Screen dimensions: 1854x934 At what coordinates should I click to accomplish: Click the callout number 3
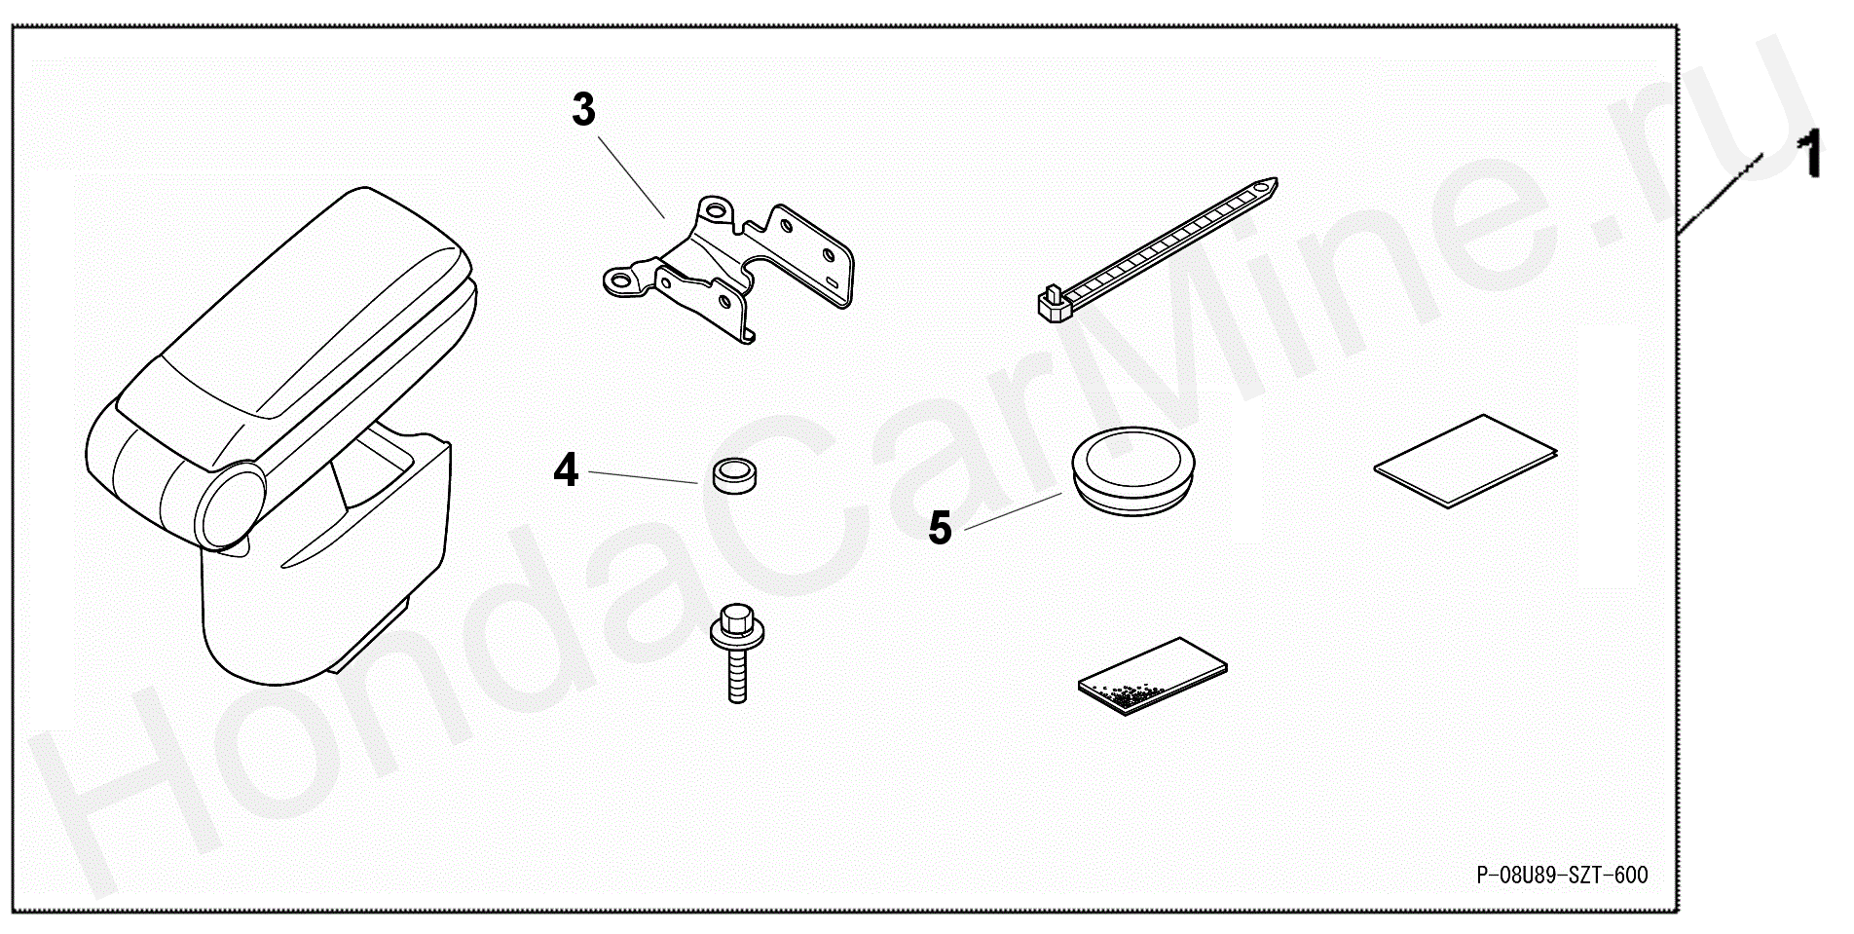tap(583, 110)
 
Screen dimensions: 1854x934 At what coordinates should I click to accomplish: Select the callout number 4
tap(566, 470)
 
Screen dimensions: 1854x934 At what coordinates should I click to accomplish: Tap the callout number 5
tap(940, 528)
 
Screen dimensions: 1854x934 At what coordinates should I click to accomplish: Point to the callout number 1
tap(1810, 157)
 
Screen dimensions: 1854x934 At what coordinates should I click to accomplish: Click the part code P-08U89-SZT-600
tap(1562, 875)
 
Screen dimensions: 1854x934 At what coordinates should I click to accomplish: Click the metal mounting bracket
tap(729, 265)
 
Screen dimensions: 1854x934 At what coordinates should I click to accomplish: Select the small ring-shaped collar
tap(734, 474)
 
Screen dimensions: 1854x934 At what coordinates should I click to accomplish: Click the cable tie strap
tap(1158, 249)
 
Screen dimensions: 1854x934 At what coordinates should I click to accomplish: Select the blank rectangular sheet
tap(1465, 461)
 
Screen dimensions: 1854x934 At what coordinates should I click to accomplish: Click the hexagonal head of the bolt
tap(736, 617)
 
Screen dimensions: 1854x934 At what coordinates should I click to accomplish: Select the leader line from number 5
tap(1014, 511)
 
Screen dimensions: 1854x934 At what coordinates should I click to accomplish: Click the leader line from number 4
tap(643, 477)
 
